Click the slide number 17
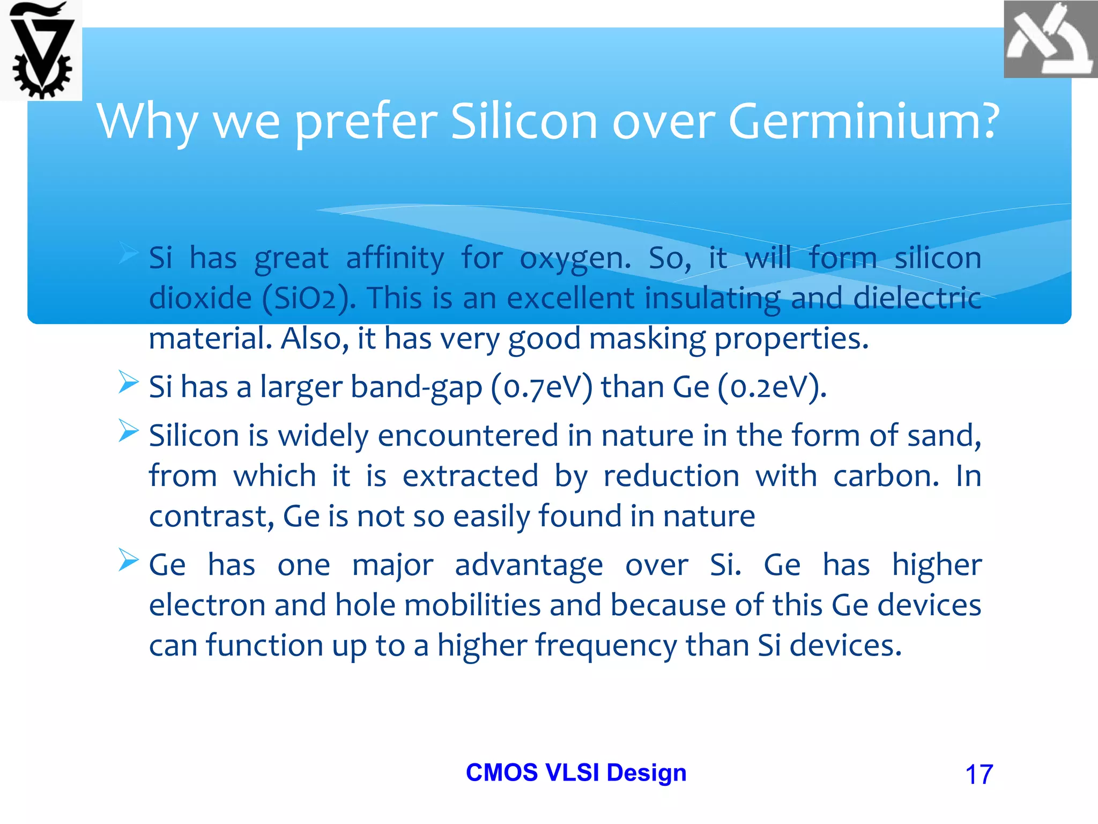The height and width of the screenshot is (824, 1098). (978, 775)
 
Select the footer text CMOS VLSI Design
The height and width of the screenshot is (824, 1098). (576, 772)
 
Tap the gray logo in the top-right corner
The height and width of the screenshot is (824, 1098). (1050, 40)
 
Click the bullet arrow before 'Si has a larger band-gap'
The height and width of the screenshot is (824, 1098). (128, 382)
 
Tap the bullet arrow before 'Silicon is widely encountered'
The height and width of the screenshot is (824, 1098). (128, 431)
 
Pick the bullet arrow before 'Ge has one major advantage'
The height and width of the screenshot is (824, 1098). (128, 560)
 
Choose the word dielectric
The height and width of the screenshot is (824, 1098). (917, 298)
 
